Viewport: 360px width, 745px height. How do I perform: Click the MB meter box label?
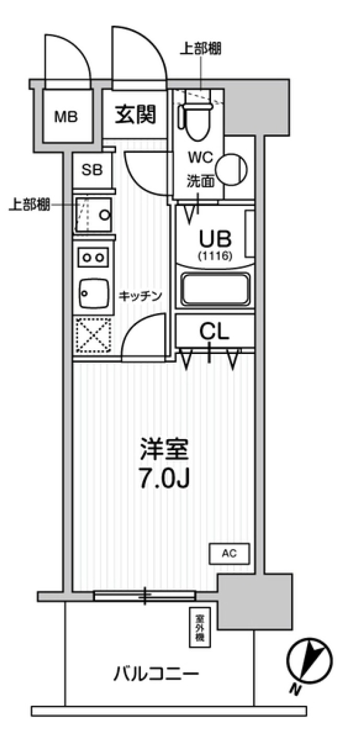[x=66, y=117]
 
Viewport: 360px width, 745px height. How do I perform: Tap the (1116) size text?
[x=215, y=256]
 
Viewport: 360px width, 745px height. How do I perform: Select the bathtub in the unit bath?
[x=215, y=289]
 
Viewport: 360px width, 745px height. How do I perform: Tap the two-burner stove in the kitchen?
[x=94, y=257]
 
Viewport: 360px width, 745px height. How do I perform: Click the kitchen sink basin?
[x=94, y=293]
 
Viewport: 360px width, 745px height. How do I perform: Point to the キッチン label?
[x=140, y=296]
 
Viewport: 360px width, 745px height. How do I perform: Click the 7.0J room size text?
[x=164, y=479]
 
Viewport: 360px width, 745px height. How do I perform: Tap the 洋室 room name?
[x=164, y=450]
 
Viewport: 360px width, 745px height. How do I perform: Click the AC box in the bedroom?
[x=230, y=554]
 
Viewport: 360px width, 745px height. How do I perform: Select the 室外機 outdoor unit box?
[x=200, y=627]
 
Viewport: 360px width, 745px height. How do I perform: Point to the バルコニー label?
[x=157, y=673]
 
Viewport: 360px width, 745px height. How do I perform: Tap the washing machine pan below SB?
[x=94, y=214]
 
